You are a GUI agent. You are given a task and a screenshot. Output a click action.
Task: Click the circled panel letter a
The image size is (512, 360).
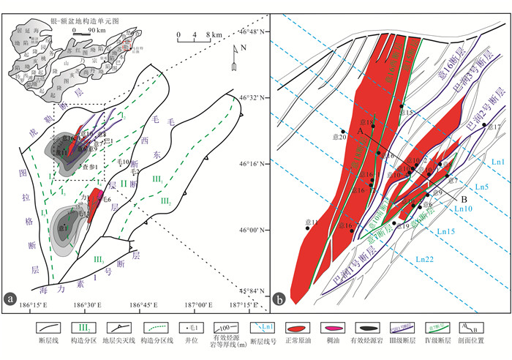pos(11,297)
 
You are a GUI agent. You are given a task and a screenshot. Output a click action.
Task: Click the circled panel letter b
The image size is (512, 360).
pos(279,298)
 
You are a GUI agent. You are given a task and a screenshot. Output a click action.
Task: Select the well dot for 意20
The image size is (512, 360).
pos(343,132)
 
